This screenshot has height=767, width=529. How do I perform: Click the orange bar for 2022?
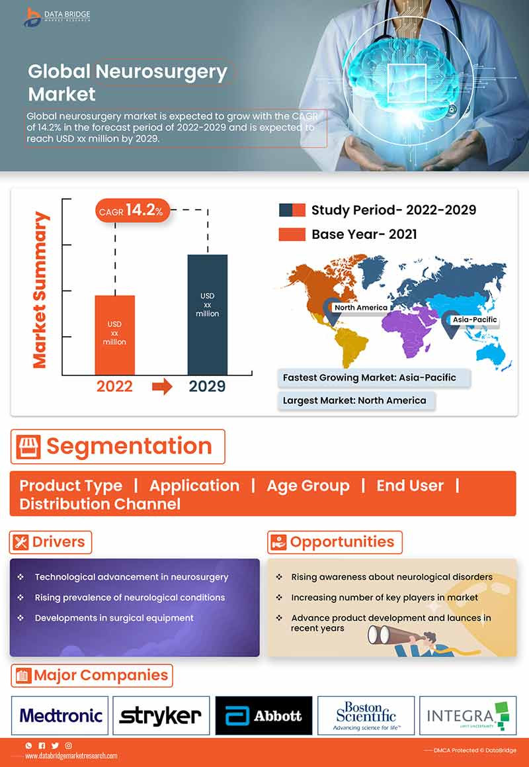(x=115, y=335)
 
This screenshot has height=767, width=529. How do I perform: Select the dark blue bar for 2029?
(x=207, y=314)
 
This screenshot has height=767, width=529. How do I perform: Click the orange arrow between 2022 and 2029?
(x=162, y=387)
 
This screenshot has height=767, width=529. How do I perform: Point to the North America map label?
(x=360, y=308)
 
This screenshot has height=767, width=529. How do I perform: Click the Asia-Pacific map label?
(x=474, y=320)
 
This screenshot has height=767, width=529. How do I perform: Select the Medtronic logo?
(x=61, y=715)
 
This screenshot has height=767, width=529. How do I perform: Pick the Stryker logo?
(x=161, y=715)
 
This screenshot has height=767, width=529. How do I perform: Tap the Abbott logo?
(x=263, y=715)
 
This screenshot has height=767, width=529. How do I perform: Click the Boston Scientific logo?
(x=366, y=715)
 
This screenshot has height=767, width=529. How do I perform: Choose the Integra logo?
(x=468, y=715)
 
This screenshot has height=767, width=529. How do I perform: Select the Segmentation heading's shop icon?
(x=27, y=447)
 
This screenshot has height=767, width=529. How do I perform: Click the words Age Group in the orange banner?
(x=307, y=486)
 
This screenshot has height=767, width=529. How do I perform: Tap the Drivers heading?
(x=51, y=542)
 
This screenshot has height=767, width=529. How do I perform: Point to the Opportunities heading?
(x=335, y=542)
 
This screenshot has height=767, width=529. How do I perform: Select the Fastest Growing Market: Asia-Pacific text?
(x=369, y=377)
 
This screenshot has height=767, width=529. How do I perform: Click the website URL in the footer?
(x=71, y=756)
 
